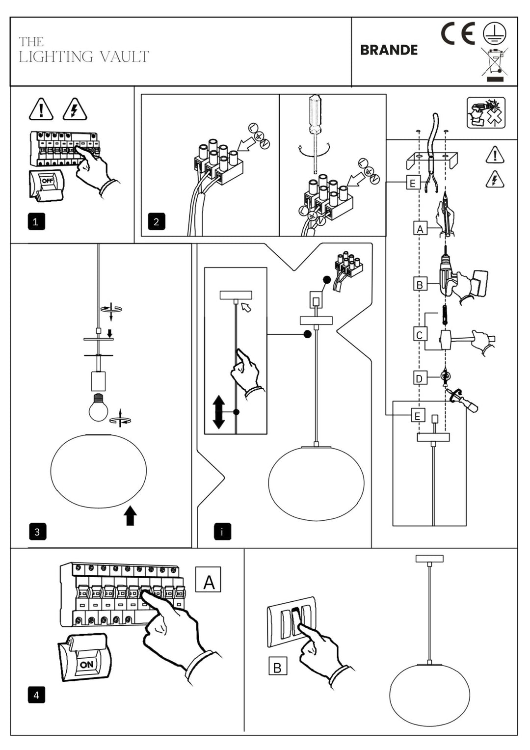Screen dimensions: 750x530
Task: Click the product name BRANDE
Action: (x=389, y=50)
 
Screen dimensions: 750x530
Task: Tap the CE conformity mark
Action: (x=457, y=34)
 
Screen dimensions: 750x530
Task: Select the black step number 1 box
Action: (x=36, y=222)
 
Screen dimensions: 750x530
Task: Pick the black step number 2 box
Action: (x=157, y=222)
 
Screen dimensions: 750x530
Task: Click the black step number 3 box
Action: (x=37, y=532)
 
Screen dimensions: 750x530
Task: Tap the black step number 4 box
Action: (x=36, y=695)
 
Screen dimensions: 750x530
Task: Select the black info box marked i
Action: (x=222, y=532)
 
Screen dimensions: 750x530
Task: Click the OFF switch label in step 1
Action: (x=47, y=181)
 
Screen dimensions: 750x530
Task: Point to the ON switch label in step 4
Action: (x=86, y=665)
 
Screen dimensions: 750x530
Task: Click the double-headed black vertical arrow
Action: (x=219, y=412)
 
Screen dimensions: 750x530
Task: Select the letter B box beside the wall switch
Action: (x=277, y=668)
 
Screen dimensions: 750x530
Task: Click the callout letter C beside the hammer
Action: (x=419, y=335)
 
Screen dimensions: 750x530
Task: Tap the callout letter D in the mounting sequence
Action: (x=419, y=378)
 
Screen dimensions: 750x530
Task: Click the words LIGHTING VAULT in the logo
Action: (x=84, y=57)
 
